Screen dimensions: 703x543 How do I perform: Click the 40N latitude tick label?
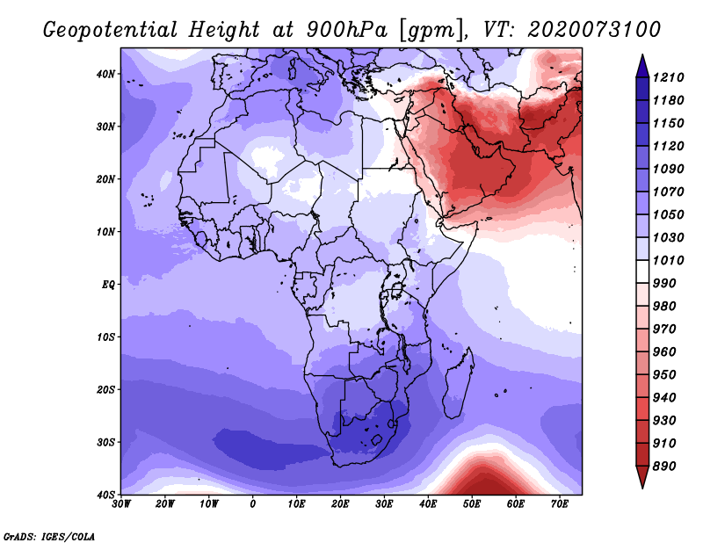[x=105, y=74]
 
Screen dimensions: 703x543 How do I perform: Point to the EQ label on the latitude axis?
[x=108, y=285]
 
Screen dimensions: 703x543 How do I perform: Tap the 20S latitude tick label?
[x=105, y=389]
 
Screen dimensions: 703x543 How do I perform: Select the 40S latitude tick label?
[x=105, y=495]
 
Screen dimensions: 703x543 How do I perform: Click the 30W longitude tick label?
[x=121, y=504]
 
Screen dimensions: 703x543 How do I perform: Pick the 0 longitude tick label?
[x=253, y=504]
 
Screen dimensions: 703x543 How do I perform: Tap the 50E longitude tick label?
[x=472, y=504]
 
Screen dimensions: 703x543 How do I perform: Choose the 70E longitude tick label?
[x=560, y=504]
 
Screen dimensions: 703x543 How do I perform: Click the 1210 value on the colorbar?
[x=668, y=77]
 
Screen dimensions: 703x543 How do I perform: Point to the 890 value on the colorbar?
[x=664, y=467]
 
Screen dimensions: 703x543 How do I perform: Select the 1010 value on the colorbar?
[x=668, y=260]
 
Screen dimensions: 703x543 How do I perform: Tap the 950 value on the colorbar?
[x=664, y=375]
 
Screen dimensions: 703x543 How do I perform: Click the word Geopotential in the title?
[x=111, y=30]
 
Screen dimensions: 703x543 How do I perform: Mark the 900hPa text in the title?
[x=346, y=30]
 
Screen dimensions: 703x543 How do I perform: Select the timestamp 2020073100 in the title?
[x=594, y=30]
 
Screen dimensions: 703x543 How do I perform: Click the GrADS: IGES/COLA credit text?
[x=49, y=537]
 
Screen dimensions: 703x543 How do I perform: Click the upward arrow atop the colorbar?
[x=642, y=66]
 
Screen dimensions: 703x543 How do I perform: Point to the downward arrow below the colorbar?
[x=642, y=477]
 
